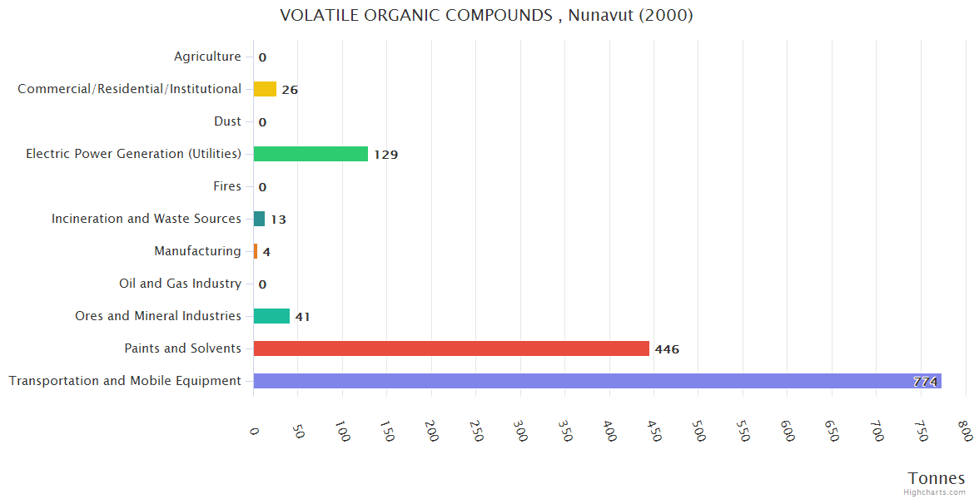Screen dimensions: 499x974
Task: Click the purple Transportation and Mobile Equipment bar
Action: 583,381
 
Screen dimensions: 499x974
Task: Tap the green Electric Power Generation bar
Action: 311,154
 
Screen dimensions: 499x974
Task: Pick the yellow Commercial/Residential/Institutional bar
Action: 265,89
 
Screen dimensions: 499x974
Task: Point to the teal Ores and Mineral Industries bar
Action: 271,316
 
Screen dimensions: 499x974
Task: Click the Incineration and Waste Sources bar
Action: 259,219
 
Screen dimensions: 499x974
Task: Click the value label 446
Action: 667,349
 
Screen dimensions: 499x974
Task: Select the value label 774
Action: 925,382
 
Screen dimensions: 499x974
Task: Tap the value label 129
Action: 385,155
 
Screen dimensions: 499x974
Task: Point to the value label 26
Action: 290,90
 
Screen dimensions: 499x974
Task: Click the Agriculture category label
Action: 207,57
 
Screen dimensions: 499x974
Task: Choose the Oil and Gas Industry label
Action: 180,284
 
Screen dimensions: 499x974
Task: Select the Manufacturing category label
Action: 197,251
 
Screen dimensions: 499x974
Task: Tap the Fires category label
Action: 226,186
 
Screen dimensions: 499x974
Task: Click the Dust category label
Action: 227,121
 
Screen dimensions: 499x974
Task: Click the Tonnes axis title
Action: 936,478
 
